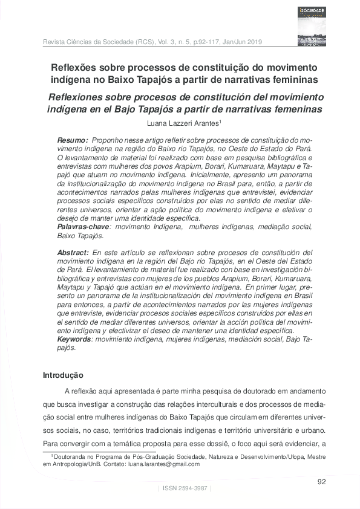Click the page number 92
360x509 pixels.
[x=322, y=481]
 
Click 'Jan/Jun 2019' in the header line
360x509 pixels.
[x=241, y=42]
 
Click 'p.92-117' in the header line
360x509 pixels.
[x=202, y=42]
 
